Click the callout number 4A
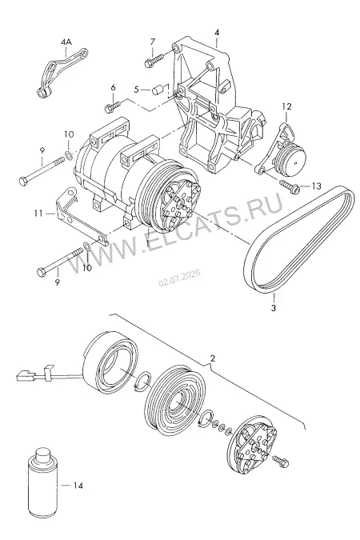[x=66, y=42]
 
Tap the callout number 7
[x=153, y=42]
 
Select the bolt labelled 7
[x=154, y=61]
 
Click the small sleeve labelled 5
[x=158, y=90]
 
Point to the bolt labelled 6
[x=112, y=106]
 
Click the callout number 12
[x=287, y=106]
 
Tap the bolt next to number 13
[x=289, y=186]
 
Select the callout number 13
[x=316, y=186]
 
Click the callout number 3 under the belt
[x=274, y=308]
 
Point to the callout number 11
[x=38, y=214]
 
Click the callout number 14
[x=78, y=486]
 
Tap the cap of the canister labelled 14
[x=43, y=454]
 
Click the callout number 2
[x=213, y=358]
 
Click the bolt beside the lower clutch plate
[x=281, y=461]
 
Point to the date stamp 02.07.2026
[x=179, y=278]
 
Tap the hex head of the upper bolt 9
[x=22, y=181]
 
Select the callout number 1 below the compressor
[x=147, y=242]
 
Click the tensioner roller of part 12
[x=293, y=158]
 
